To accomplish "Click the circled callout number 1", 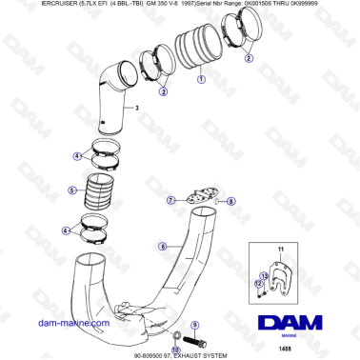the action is pos(199,81).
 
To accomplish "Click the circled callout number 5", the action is pos(72,190).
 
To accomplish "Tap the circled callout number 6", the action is pos(163,247).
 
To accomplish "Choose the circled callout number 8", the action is pos(230,202).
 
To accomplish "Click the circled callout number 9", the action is pos(195,325).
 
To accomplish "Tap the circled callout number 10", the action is pos(175,347).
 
